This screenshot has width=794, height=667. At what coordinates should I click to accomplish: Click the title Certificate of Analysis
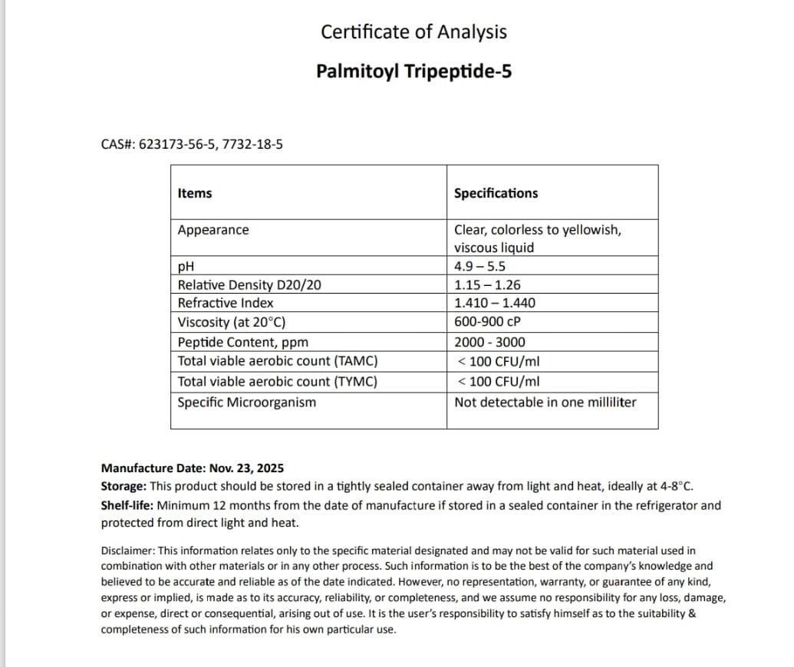[413, 32]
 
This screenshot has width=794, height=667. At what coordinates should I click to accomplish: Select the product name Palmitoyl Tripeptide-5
[413, 71]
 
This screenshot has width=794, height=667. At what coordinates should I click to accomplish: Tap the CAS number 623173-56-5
[176, 143]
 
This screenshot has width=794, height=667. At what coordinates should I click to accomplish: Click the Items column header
[195, 193]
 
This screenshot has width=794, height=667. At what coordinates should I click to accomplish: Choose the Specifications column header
[496, 193]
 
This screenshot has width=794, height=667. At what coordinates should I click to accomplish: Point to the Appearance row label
[213, 230]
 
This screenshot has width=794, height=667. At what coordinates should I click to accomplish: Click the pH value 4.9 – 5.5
[479, 267]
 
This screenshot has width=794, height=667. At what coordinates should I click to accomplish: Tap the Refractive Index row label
[226, 303]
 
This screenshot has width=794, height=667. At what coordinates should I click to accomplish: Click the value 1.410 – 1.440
[495, 303]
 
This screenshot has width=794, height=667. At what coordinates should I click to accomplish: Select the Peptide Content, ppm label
[243, 342]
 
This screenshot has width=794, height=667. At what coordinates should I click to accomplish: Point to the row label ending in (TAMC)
[277, 361]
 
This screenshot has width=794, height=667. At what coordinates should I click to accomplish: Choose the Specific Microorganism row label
[246, 402]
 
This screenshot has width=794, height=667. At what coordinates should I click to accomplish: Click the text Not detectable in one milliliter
[545, 402]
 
